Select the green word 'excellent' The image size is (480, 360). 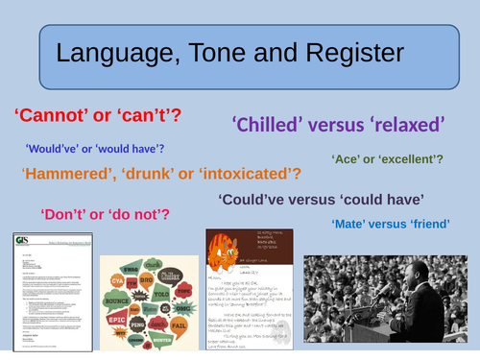(420, 157)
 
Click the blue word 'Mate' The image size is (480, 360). (348, 224)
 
